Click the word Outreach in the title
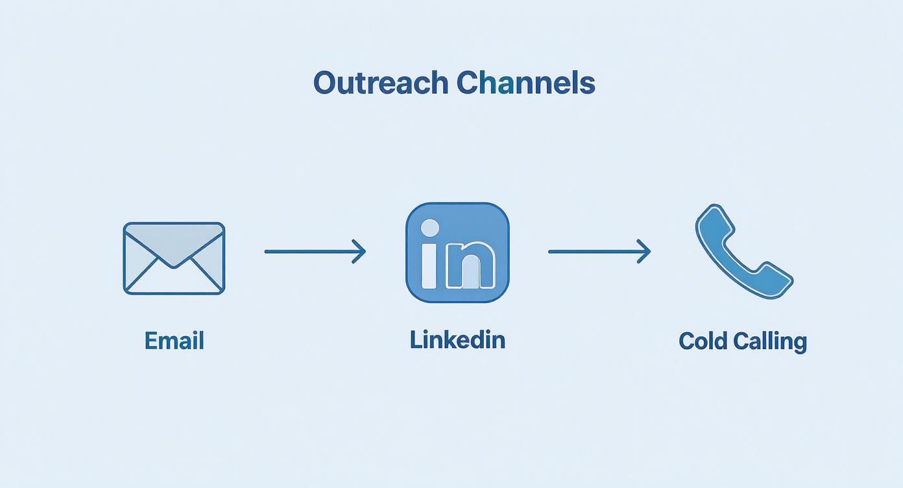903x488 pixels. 381,83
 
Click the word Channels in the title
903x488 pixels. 526,82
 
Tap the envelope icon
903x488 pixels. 174,258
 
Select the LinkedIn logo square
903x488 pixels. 457,252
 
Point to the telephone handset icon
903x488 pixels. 744,251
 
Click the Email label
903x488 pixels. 174,341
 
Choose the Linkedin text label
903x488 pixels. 457,339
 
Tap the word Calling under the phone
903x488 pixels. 770,343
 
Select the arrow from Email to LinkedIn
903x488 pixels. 315,252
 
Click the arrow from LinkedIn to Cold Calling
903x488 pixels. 599,252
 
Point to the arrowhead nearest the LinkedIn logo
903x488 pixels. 360,252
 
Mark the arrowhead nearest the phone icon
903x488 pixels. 645,252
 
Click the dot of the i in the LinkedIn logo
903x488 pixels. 429,228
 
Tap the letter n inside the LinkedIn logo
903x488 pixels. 470,265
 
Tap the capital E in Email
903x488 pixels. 151,341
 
